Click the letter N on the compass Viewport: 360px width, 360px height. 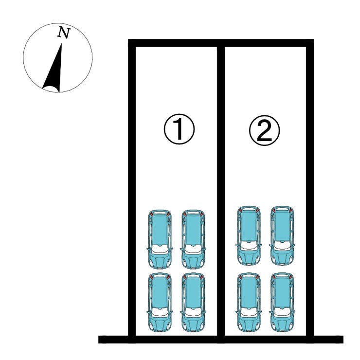coord(64,33)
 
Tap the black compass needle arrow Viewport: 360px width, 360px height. coord(54,71)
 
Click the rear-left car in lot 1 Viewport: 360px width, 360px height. coord(160,239)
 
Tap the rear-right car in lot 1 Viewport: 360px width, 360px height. coord(193,239)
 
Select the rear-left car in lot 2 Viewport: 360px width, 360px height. coord(249,235)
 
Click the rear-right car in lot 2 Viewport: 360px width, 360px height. coord(282,235)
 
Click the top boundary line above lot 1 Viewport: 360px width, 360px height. coord(175,43)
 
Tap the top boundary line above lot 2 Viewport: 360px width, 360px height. coord(265,43)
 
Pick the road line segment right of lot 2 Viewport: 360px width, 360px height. coord(328,339)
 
